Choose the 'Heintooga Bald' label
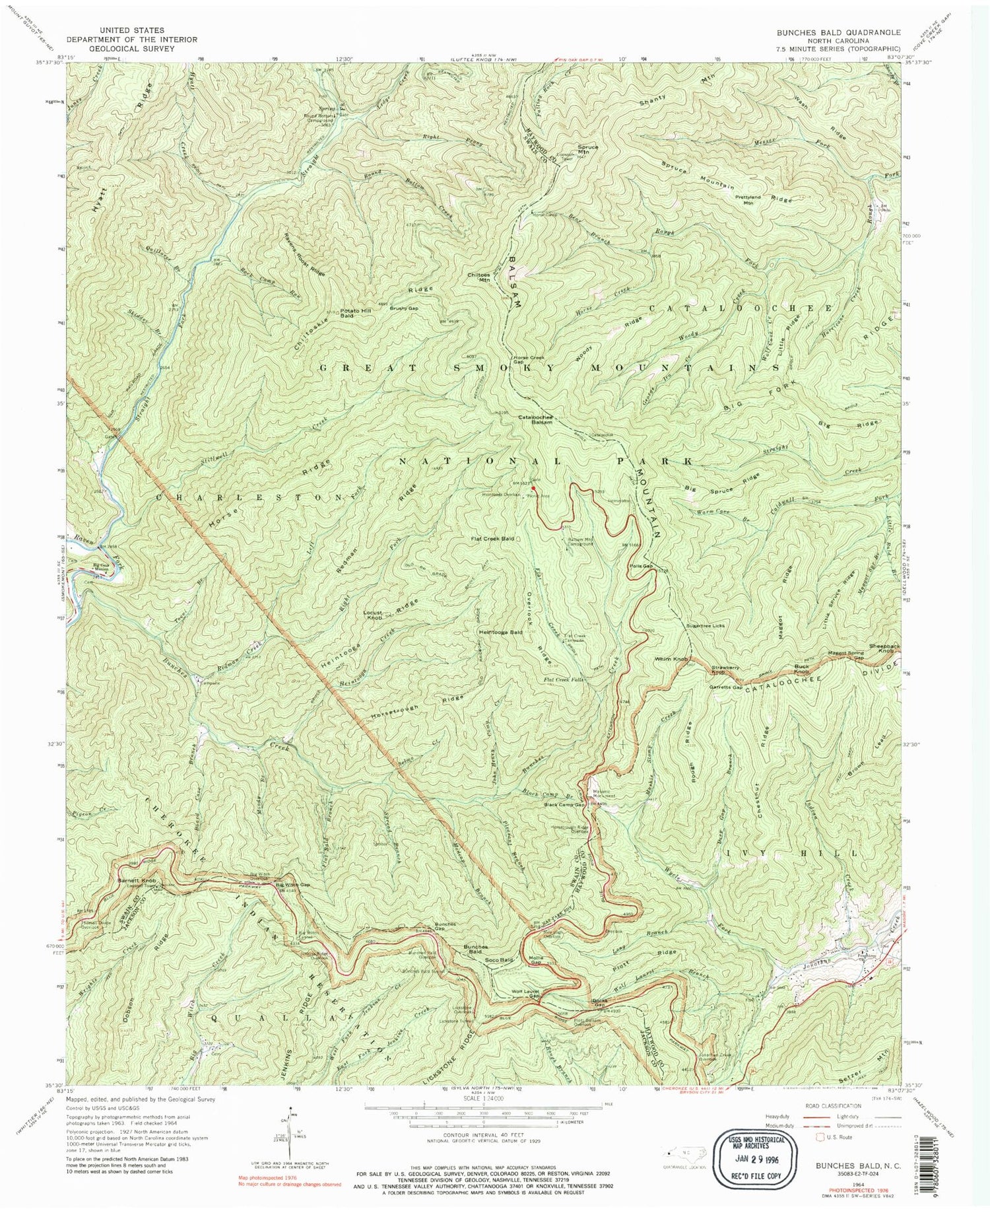click(500, 632)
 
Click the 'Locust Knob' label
click(374, 615)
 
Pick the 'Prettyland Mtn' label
click(748, 200)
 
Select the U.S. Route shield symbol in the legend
click(822, 1136)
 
